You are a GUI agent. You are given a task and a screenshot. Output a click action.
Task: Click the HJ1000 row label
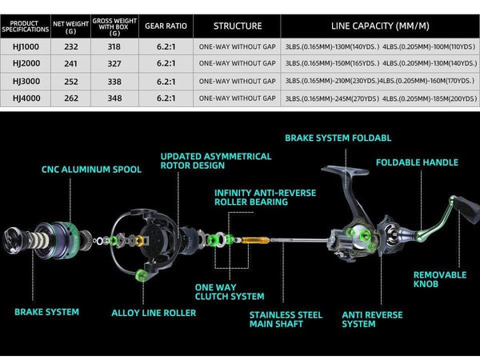pyautogui.click(x=26, y=46)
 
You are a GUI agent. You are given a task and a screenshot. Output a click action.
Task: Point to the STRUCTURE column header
pyautogui.click(x=238, y=24)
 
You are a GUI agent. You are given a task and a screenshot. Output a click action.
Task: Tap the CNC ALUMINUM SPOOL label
pyautogui.click(x=91, y=170)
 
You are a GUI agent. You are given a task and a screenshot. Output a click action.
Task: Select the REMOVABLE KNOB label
pyautogui.click(x=439, y=280)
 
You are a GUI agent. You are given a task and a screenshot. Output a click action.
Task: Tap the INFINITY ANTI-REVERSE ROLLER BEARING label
pyautogui.click(x=265, y=198)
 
